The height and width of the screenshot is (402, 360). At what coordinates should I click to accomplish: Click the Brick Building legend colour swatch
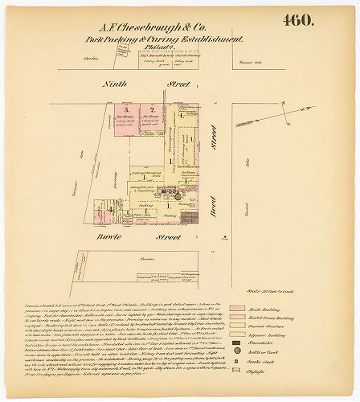coord(237,309)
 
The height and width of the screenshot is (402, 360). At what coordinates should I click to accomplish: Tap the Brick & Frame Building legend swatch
coord(237,319)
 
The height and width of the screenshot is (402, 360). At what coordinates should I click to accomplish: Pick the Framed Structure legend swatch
coord(237,330)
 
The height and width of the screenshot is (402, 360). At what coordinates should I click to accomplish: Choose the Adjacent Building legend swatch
coord(237,339)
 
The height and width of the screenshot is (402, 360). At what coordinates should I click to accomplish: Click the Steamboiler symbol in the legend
coord(237,350)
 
